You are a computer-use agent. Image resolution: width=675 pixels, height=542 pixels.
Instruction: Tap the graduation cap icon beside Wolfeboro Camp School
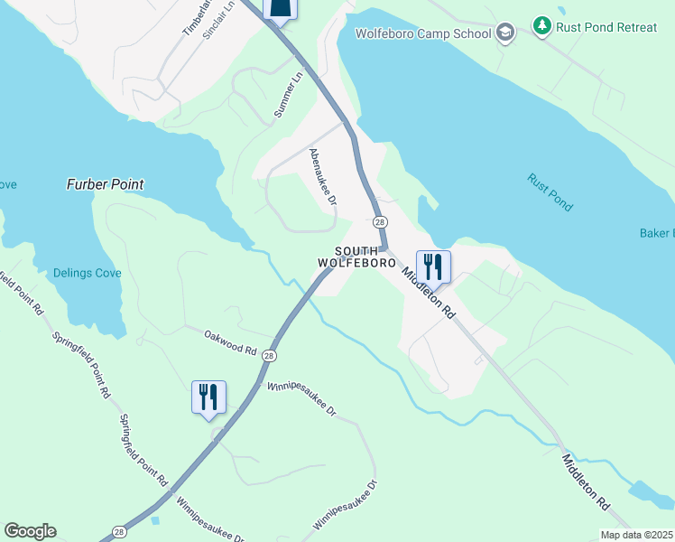pyautogui.click(x=505, y=33)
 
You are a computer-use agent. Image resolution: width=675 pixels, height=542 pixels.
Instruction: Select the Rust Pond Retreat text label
pyautogui.click(x=606, y=27)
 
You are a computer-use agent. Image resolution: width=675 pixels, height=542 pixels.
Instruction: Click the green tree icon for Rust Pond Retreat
pyautogui.click(x=541, y=26)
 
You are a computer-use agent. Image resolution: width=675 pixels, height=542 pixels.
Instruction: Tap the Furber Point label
pyautogui.click(x=105, y=184)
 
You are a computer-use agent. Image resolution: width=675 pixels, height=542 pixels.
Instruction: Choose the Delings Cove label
pyautogui.click(x=86, y=273)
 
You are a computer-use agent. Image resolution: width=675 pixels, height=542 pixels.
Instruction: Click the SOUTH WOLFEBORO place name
pyautogui.click(x=356, y=257)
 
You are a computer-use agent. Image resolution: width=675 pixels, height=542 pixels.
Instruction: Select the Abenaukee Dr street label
pyautogui.click(x=323, y=176)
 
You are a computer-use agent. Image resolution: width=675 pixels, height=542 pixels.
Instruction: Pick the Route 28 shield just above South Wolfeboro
pyautogui.click(x=379, y=222)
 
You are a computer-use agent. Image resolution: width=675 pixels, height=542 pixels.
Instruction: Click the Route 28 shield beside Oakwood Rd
pyautogui.click(x=269, y=357)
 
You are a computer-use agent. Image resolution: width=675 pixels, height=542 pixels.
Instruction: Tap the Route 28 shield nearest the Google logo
pyautogui.click(x=119, y=532)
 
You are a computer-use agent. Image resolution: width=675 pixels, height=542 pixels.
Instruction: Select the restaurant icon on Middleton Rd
pyautogui.click(x=432, y=266)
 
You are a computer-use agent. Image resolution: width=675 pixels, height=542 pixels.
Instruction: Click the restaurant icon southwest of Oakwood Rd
pyautogui.click(x=208, y=397)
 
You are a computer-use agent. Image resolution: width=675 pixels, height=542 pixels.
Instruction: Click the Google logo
pyautogui.click(x=30, y=531)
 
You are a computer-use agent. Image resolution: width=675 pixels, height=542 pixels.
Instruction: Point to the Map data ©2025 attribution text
pyautogui.click(x=636, y=535)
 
